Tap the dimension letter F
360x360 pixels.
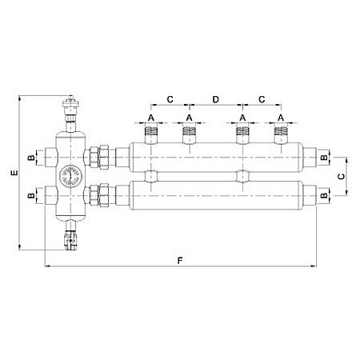point(180,260)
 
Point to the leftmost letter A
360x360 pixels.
point(151,118)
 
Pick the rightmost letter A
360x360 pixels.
point(280,118)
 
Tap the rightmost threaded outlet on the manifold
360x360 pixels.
point(280,134)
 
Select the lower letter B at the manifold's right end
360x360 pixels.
point(324,194)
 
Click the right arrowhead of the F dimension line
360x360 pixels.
point(315,266)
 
